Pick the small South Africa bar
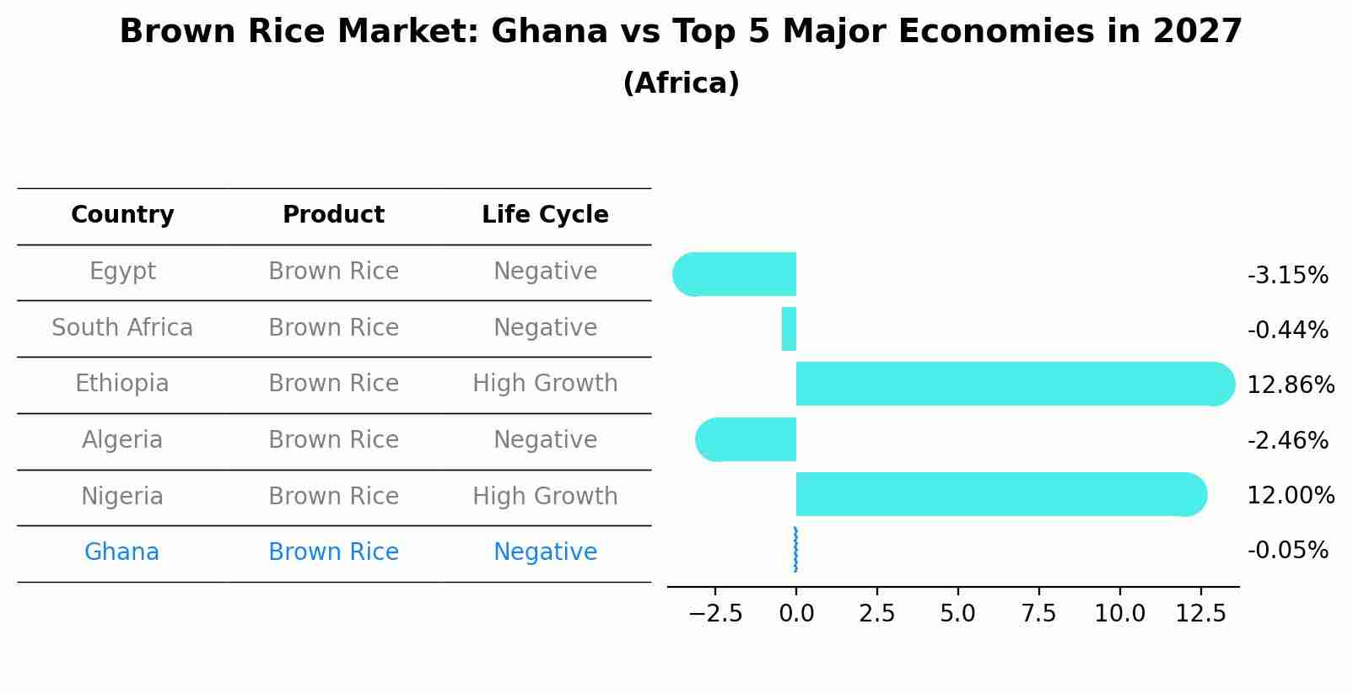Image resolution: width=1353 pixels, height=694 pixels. [x=789, y=329]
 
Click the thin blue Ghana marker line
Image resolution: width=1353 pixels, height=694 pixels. [x=795, y=550]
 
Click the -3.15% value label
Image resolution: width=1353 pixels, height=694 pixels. [x=1287, y=276]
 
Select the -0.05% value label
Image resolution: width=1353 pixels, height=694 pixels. [x=1287, y=551]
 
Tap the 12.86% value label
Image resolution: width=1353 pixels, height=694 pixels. [x=1291, y=385]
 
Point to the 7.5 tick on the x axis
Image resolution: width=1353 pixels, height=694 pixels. [x=1038, y=614]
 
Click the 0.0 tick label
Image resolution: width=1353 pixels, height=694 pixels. [x=796, y=614]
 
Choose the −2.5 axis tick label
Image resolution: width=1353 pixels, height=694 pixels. [x=715, y=614]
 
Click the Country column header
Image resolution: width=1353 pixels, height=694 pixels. [x=122, y=215]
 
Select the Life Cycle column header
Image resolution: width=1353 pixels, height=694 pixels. [x=545, y=215]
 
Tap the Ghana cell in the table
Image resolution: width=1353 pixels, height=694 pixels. [x=121, y=552]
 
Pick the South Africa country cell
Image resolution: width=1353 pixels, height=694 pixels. [x=122, y=328]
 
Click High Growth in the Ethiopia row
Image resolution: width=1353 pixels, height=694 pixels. [x=545, y=384]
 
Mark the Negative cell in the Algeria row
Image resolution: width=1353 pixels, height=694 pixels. [x=545, y=440]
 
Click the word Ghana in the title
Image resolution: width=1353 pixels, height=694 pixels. [x=548, y=32]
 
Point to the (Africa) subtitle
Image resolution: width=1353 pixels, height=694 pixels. [x=681, y=83]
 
